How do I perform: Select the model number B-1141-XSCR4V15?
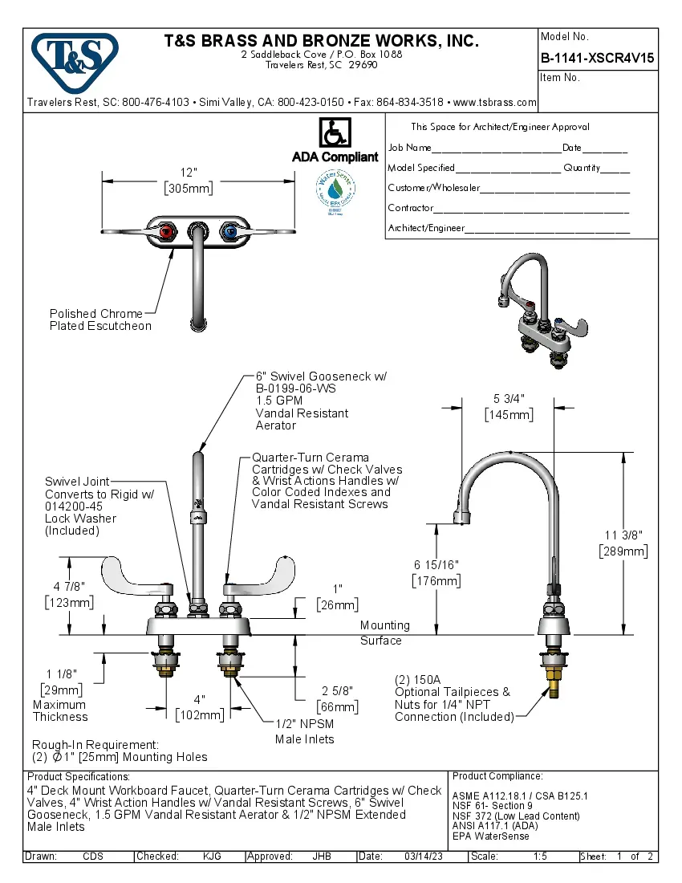[597, 58]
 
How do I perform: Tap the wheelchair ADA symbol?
[334, 133]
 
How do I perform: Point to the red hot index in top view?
[166, 233]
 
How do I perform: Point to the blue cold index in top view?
[229, 233]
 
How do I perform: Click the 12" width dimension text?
[189, 173]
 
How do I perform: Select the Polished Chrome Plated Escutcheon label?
[100, 319]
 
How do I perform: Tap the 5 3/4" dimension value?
[509, 399]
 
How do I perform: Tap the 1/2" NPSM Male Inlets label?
[304, 732]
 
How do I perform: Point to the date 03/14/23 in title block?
[423, 857]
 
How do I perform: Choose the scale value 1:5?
[540, 857]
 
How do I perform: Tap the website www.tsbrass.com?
[494, 103]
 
